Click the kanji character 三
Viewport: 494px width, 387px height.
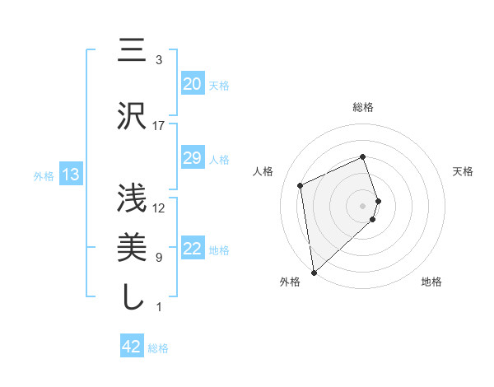pos(132,51)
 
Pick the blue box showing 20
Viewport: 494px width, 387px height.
pos(192,84)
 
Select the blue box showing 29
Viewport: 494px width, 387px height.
pos(192,158)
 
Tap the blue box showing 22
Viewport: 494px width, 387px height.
pos(192,249)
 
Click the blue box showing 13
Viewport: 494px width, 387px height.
pos(70,175)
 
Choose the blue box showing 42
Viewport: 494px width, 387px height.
pos(132,347)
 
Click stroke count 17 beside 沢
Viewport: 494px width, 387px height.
pos(159,125)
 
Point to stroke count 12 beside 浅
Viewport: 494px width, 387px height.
pos(159,207)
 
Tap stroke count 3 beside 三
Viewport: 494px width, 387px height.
pos(159,60)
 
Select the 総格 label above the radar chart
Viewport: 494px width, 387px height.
pos(363,107)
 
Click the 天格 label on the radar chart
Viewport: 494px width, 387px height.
pos(464,171)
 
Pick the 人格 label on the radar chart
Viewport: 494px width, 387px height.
pos(263,171)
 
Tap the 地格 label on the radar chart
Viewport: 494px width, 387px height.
pos(431,282)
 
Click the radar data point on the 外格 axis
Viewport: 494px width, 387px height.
pos(314,271)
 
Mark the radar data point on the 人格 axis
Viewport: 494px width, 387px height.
pos(301,184)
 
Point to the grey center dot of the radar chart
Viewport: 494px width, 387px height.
pos(363,204)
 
